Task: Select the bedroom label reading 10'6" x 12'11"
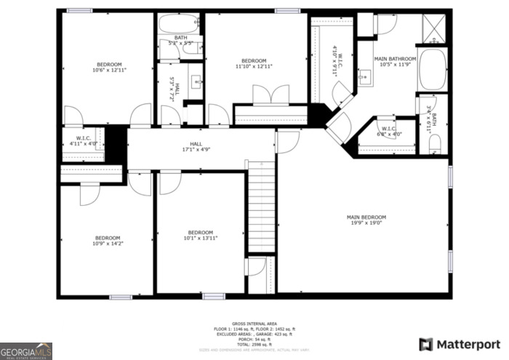pos(109,67)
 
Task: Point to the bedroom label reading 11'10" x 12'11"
pos(254,63)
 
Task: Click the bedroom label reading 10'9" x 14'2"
pos(108,241)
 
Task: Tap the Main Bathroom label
pos(395,61)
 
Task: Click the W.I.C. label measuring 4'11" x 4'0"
pos(84,141)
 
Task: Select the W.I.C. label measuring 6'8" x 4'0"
pos(389,132)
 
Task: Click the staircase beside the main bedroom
pos(262,207)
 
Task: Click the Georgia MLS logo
pos(26,351)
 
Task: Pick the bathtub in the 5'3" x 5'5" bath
pos(180,24)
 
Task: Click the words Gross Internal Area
pos(254,323)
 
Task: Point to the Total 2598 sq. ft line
pos(254,345)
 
